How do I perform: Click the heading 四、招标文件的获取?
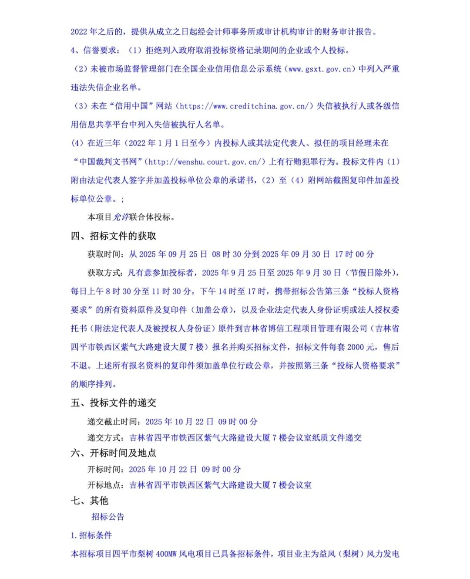click(113, 236)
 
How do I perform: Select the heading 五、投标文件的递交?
click(113, 403)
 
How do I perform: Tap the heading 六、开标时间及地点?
click(113, 453)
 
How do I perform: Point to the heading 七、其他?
click(89, 501)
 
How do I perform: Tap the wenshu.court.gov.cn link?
click(205, 162)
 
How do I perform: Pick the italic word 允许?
click(121, 217)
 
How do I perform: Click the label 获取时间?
click(104, 254)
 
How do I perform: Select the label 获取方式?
click(104, 273)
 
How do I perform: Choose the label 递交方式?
click(104, 438)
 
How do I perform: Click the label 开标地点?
click(104, 485)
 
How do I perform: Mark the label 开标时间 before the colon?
click(104, 469)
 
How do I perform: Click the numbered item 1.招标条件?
click(91, 535)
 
